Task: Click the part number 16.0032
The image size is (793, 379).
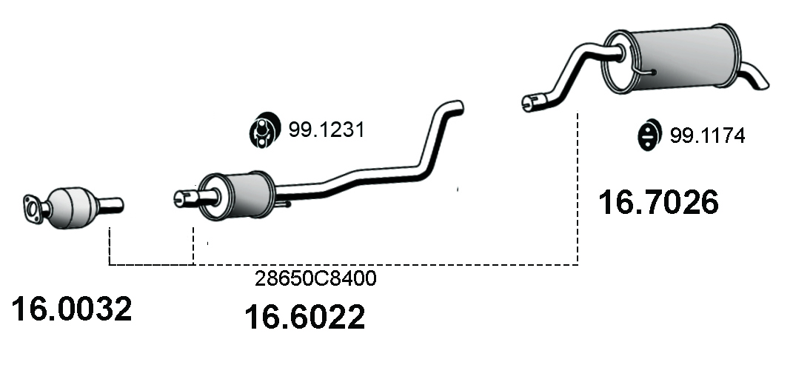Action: coord(71,309)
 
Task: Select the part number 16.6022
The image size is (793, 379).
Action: coord(304,317)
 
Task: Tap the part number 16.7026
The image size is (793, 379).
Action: coord(658,202)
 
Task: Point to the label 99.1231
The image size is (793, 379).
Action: coord(327,130)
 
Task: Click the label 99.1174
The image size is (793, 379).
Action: coord(708,135)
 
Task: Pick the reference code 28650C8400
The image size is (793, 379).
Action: coord(315,278)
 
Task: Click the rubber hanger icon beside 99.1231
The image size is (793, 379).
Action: coord(264,130)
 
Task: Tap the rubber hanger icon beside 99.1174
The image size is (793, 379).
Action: coord(650,135)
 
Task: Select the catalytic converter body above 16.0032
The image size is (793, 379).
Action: coord(72,207)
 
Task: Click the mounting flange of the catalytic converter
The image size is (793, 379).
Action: coord(33,209)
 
